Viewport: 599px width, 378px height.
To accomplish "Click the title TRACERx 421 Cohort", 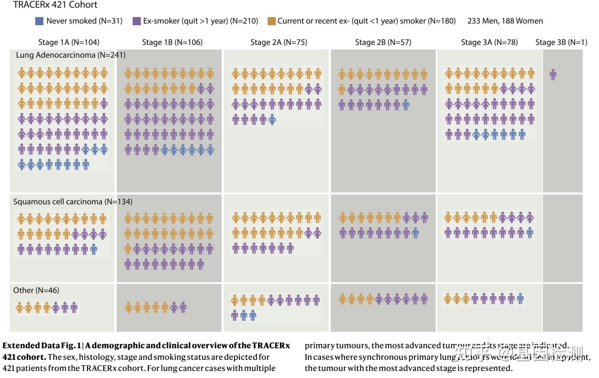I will coord(55,5).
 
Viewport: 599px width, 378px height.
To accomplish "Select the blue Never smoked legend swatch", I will coord(40,21).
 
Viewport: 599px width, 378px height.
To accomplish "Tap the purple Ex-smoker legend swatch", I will coord(137,21).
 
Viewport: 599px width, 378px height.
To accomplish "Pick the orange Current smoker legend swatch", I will coord(271,21).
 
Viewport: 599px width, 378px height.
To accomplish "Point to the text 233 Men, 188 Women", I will coord(505,21).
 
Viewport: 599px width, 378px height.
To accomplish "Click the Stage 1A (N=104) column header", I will coord(69,42).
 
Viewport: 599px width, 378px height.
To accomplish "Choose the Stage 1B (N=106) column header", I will coord(172,42).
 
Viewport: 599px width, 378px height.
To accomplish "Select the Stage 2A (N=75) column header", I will coord(279,42).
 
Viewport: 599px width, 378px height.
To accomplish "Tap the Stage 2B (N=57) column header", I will coord(383,42).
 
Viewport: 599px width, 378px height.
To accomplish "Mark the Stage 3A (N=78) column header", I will coord(489,42).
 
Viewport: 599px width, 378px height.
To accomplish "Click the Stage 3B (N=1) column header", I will coord(561,42).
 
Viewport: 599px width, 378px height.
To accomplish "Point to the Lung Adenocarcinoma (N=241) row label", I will coord(71,55).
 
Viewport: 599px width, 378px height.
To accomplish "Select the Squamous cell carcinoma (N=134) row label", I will coord(73,202).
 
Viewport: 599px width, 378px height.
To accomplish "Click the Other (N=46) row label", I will coord(36,291).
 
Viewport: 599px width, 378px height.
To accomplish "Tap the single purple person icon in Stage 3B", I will coord(553,75).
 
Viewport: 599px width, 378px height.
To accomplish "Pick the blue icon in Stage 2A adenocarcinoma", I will coord(272,120).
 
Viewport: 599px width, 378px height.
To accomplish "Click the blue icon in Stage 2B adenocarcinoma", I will coord(406,105).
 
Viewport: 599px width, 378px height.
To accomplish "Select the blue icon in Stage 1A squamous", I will coord(94,249).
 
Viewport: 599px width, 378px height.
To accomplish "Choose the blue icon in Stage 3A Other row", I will coord(521,298).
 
